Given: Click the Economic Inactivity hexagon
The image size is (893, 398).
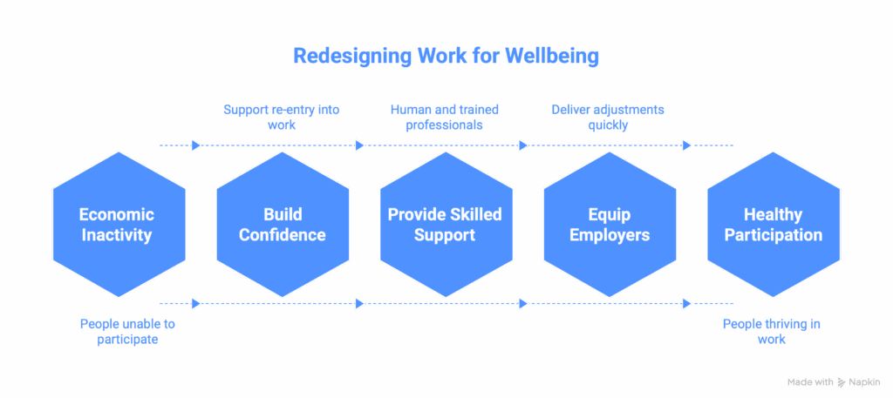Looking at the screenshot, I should coord(117,225).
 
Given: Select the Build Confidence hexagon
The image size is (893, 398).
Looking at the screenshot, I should coord(283,225).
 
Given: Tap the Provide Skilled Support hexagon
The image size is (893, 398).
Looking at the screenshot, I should coord(446,225).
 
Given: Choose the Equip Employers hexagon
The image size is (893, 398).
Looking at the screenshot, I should coord(610,225).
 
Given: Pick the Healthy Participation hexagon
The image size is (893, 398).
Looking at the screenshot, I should coord(773,225).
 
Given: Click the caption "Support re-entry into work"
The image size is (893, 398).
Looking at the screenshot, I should coord(281,117).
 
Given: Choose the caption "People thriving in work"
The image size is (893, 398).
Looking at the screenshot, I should coord(771,332).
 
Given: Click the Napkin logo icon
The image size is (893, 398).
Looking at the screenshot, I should coord(841,382).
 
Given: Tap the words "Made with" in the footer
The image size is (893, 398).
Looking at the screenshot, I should coord(809,382).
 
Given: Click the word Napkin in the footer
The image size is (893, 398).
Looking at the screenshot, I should coord(865,382).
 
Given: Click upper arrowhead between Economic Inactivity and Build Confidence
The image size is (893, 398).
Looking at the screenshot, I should coord(196,145).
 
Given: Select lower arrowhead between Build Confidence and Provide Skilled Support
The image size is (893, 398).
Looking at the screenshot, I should coord(359,303).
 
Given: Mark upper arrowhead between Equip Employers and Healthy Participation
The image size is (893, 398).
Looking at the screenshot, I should coord(686,145).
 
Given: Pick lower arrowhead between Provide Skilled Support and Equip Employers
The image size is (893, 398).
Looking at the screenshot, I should coord(523,303).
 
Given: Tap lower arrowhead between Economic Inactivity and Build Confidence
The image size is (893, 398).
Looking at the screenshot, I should coord(196,303).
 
